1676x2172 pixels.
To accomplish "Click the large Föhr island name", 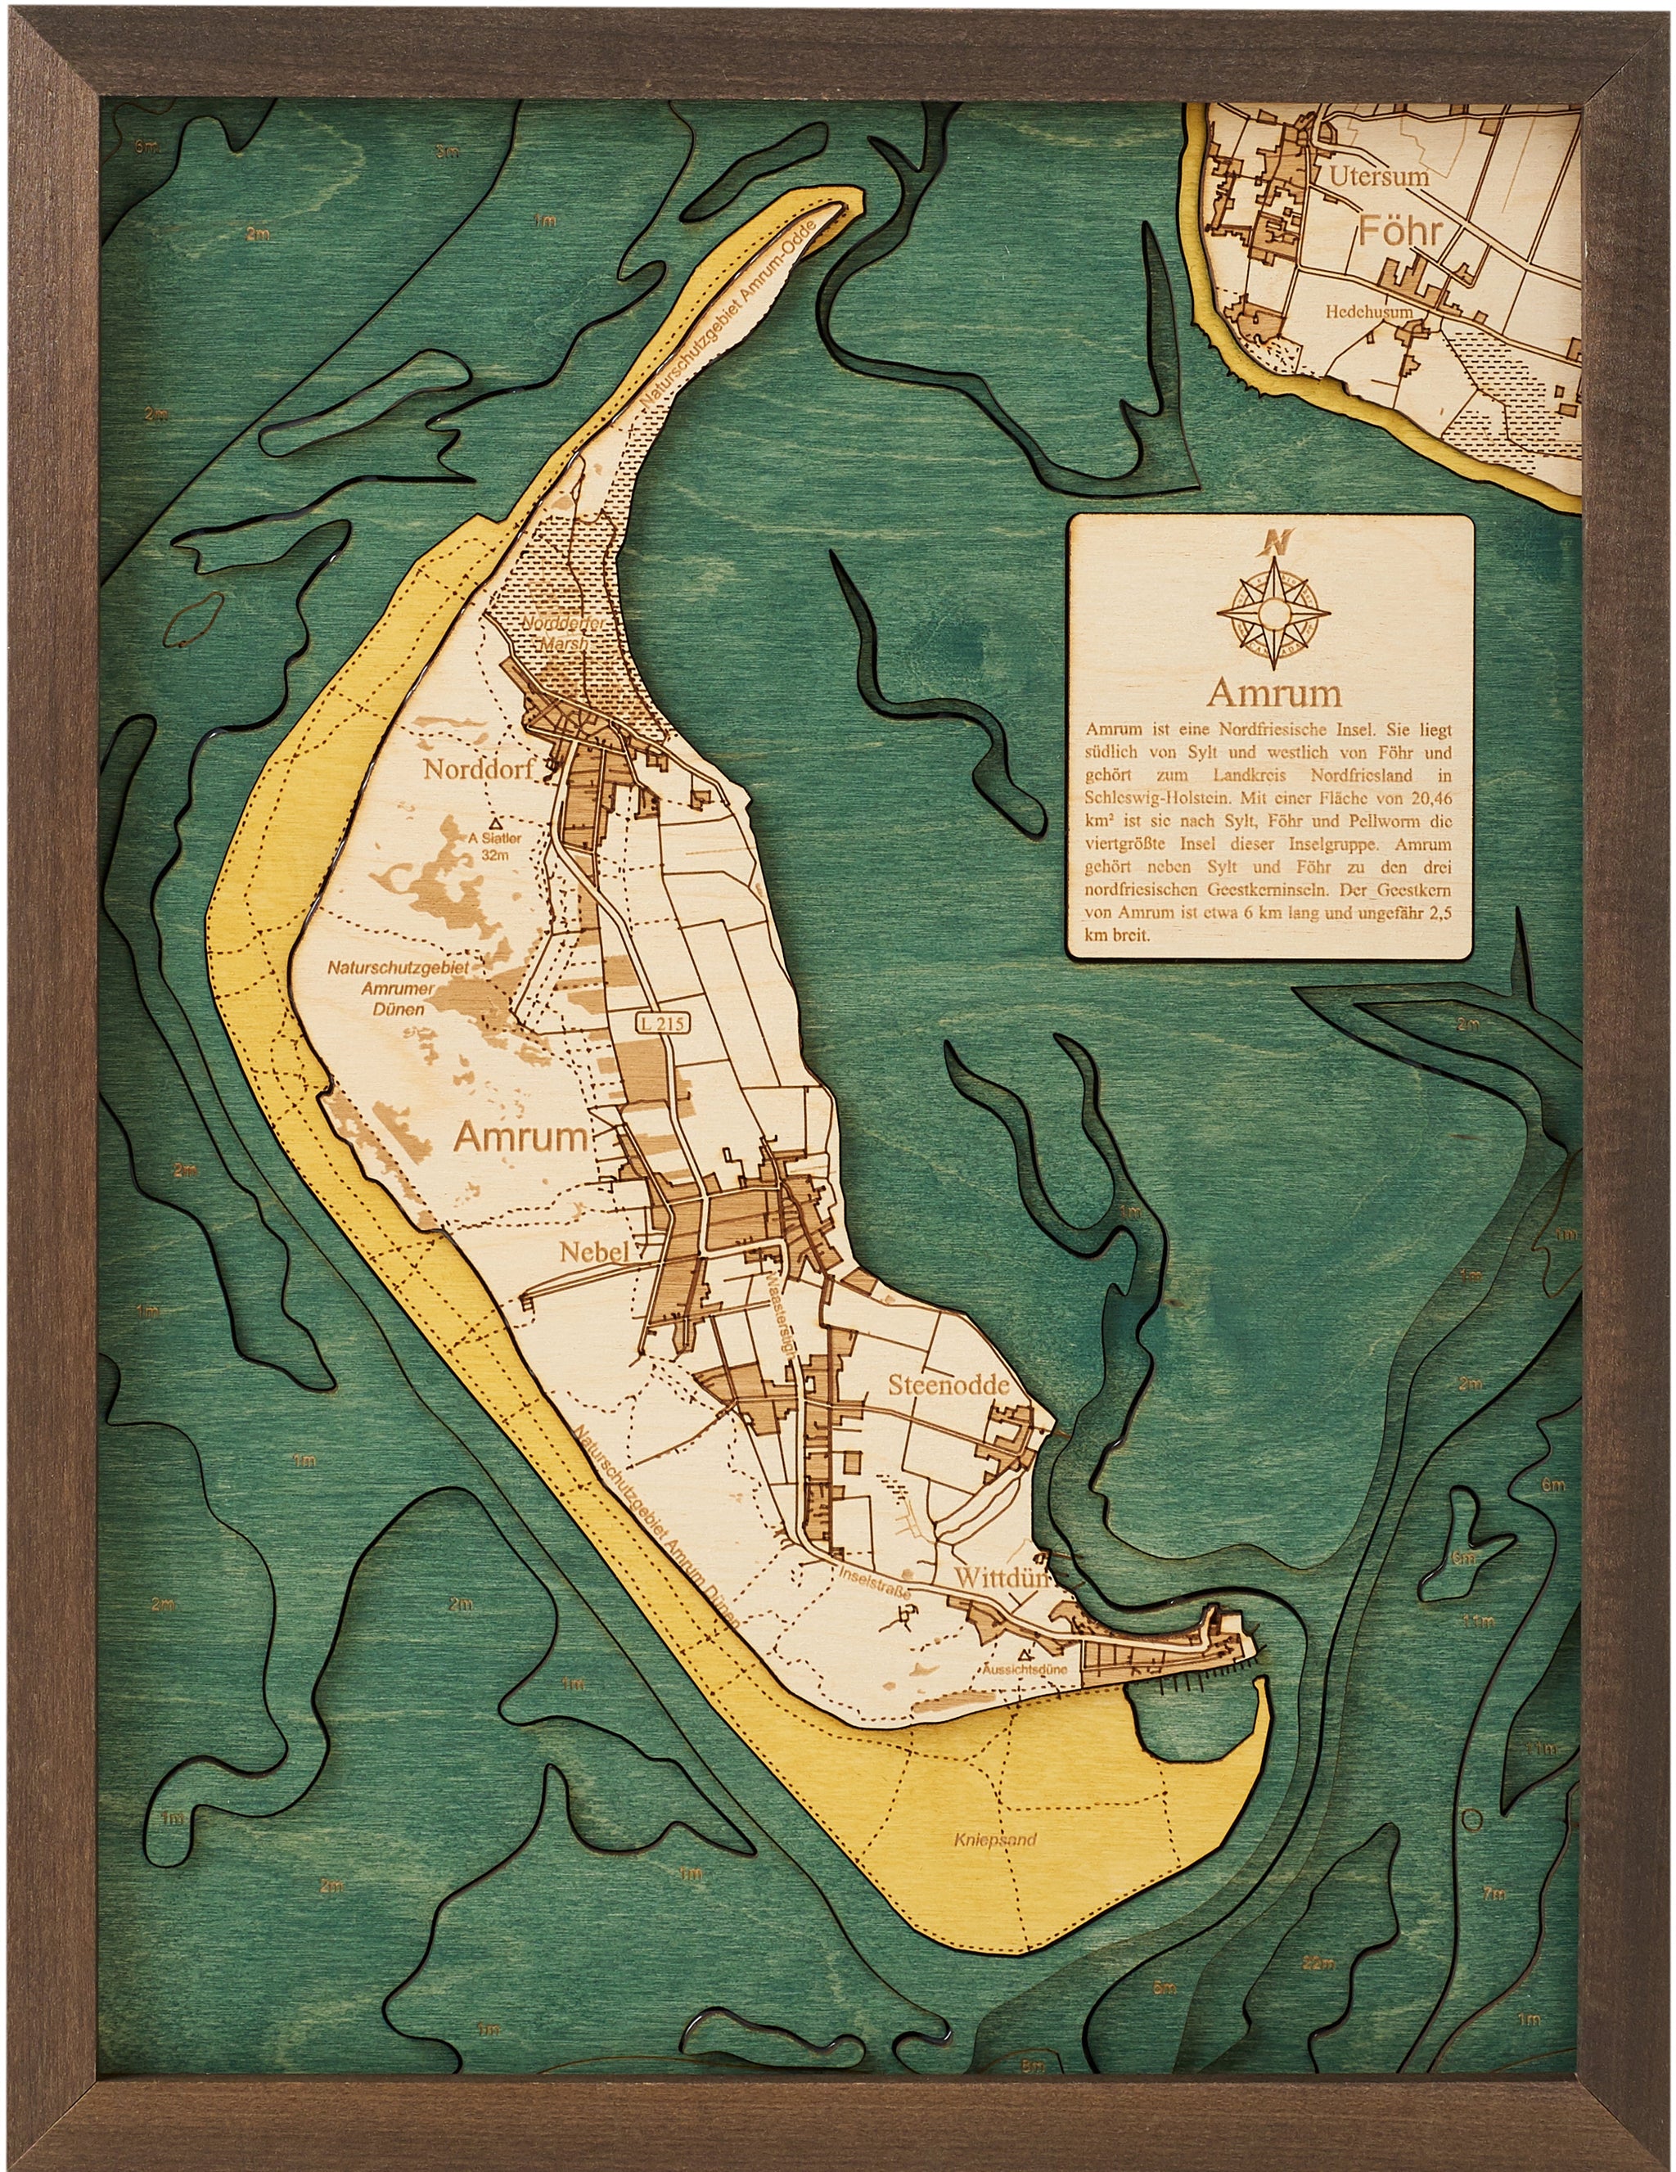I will (1400, 234).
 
